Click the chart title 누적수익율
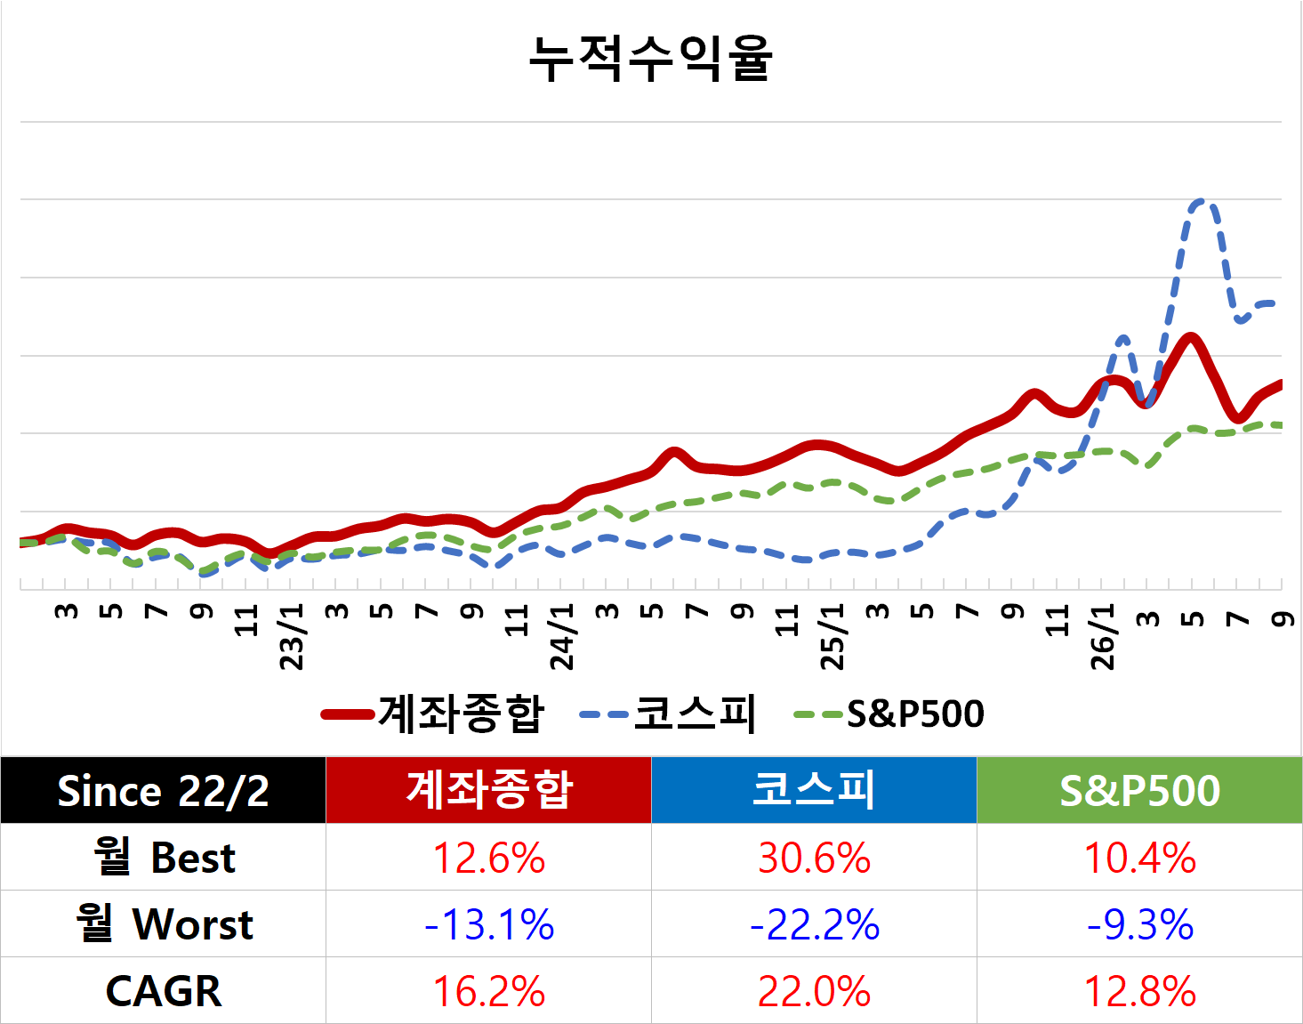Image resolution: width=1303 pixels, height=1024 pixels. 650,58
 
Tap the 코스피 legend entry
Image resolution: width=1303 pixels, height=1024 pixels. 667,714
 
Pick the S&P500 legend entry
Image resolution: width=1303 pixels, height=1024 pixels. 888,714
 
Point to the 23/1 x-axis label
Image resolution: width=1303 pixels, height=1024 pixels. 293,637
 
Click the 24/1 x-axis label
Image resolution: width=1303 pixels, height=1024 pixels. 562,637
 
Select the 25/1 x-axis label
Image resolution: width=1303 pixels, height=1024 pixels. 832,637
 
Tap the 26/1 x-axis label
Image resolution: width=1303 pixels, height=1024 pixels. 1103,637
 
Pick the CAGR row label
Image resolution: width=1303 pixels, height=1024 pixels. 164,991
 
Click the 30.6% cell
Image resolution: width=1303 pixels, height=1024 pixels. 814,858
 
